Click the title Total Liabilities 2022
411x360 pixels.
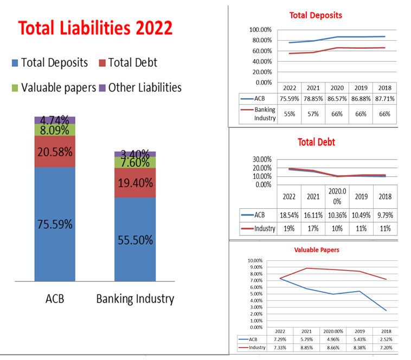pyautogui.click(x=95, y=28)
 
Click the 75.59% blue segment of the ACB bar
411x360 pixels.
pyautogui.click(x=55, y=224)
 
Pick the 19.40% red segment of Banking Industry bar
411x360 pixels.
pyautogui.click(x=135, y=183)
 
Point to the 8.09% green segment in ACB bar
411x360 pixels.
pyautogui.click(x=55, y=130)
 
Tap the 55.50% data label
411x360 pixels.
pyautogui.click(x=135, y=240)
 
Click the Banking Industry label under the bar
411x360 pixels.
pyautogui.click(x=135, y=299)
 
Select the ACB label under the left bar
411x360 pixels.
pyautogui.click(x=55, y=299)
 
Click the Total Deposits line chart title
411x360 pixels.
pyautogui.click(x=316, y=15)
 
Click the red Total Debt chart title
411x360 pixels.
pyautogui.click(x=316, y=142)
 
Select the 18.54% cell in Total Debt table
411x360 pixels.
pyautogui.click(x=290, y=215)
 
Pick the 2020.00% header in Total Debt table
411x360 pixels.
pyautogui.click(x=337, y=196)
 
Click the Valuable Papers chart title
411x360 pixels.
pyautogui.click(x=316, y=250)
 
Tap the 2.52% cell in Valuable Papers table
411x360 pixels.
pyautogui.click(x=386, y=339)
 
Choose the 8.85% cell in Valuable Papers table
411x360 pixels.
pyautogui.click(x=306, y=348)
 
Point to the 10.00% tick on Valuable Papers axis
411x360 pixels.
pyautogui.click(x=255, y=261)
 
